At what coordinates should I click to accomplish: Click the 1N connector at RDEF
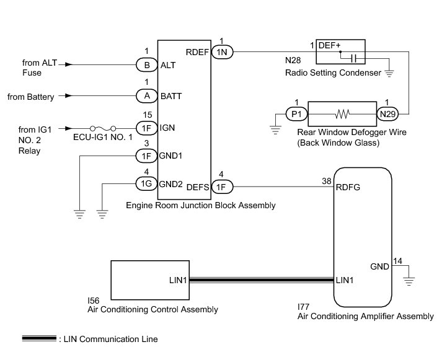(223, 53)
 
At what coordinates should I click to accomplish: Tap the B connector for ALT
(147, 64)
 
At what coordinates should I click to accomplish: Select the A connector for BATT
(147, 96)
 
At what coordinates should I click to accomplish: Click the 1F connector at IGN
(147, 128)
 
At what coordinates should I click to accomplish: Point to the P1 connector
(296, 114)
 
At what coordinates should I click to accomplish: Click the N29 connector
(387, 114)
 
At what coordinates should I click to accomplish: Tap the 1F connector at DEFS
(223, 185)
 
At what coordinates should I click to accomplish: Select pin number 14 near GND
(397, 261)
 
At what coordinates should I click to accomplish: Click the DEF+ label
(329, 46)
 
